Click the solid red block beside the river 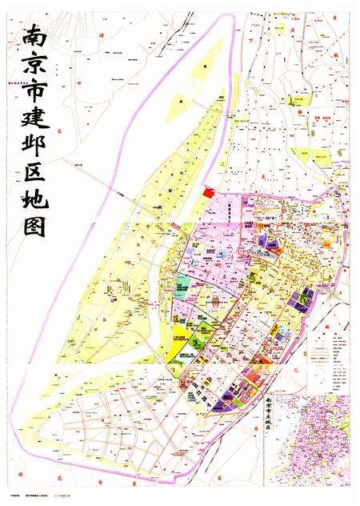[210, 192]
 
